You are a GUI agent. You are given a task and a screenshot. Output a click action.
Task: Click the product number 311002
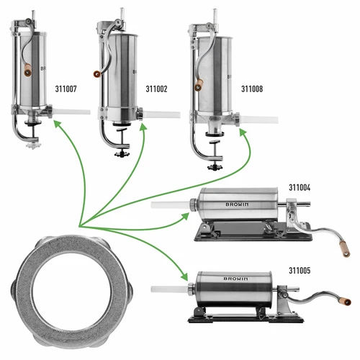[156, 90]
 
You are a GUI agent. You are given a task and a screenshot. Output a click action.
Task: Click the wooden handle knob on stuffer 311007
[26, 71]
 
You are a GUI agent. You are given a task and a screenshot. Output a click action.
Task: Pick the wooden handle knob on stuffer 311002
[95, 73]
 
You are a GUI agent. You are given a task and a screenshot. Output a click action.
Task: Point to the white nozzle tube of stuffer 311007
[72, 112]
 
